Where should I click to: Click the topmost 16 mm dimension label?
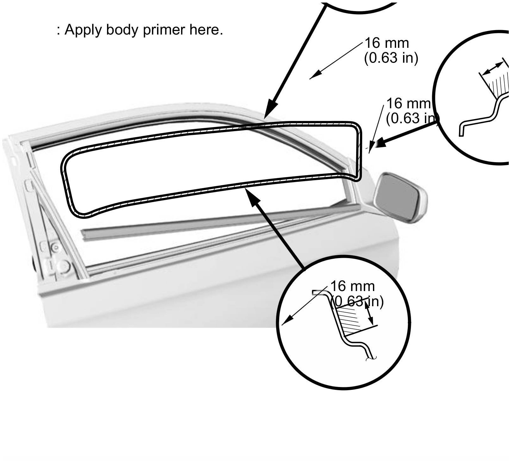click(387, 43)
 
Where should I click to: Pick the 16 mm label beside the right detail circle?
click(408, 103)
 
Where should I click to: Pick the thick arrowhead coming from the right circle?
click(380, 143)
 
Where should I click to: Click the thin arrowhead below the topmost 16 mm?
click(314, 76)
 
